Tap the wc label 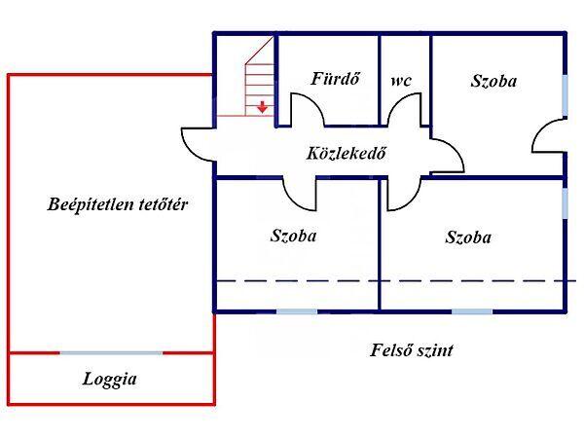point(401,81)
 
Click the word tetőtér point(164,204)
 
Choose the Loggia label point(109,380)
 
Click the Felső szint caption point(412,350)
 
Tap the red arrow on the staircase point(262,107)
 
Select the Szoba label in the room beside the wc point(493,81)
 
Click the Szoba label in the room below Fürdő point(293,235)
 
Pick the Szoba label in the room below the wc point(468,237)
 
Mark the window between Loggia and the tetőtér point(111,352)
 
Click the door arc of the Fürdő point(308,114)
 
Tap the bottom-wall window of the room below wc point(471,310)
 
